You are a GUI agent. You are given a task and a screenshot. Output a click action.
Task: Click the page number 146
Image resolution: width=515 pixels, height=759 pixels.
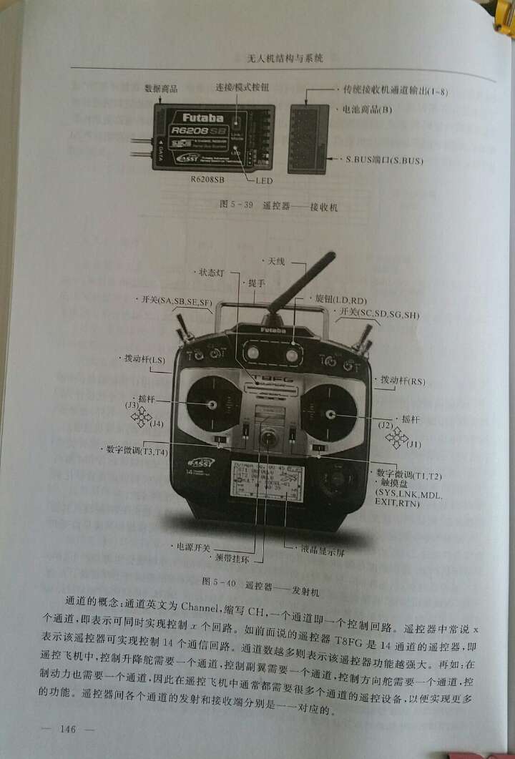(x=69, y=729)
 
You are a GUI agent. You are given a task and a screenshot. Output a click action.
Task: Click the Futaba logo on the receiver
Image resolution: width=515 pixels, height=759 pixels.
(x=202, y=117)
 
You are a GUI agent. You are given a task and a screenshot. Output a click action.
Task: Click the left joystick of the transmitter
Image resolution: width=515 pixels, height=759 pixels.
(x=212, y=405)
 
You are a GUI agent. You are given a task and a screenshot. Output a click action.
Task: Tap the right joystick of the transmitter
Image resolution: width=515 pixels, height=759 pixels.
(x=330, y=413)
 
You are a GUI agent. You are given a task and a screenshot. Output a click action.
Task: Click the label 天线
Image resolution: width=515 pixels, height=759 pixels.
(x=275, y=261)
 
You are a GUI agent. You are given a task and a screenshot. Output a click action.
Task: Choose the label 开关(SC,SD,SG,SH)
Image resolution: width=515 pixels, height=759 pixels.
(x=378, y=314)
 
